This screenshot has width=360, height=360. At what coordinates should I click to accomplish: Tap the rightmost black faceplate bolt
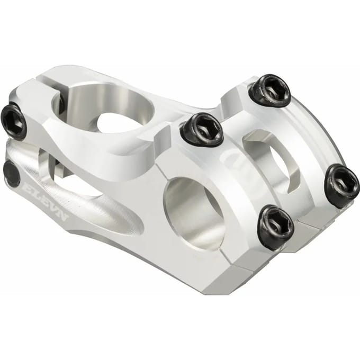[341, 185]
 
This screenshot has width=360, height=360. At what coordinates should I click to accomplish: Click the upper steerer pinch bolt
[14, 123]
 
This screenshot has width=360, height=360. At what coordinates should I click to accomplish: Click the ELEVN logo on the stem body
[47, 201]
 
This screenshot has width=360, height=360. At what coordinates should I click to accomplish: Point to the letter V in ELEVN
[54, 208]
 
